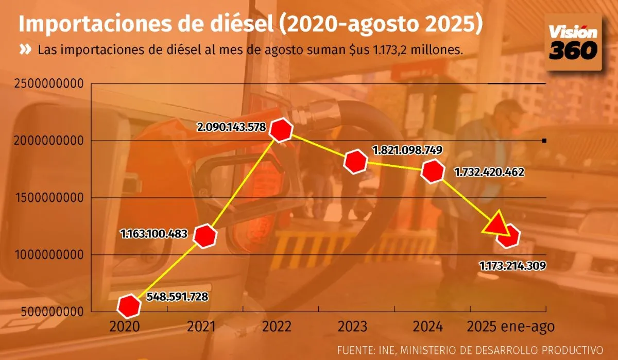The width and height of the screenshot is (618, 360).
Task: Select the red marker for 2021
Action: tap(205, 236)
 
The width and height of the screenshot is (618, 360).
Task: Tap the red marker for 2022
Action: tap(282, 130)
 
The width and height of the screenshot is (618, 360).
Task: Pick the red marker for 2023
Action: tap(356, 162)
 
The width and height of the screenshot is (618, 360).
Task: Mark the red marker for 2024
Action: tap(432, 172)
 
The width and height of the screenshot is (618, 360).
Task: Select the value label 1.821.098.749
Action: tap(407, 151)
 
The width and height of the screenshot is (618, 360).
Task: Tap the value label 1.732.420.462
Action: tap(489, 172)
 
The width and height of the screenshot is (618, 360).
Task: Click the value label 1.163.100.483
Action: tap(153, 233)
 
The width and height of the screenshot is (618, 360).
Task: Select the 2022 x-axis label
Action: tap(277, 327)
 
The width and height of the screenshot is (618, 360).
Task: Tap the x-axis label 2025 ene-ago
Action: tap(511, 327)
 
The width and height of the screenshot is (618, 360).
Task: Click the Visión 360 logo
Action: tap(573, 42)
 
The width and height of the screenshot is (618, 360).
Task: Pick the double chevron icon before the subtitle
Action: tap(25, 50)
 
